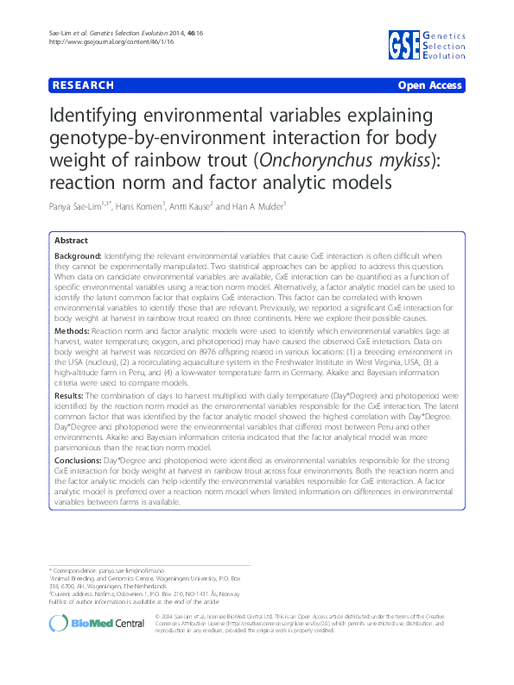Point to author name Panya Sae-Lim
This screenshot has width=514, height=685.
pos(85,208)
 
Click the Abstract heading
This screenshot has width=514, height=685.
pos(71,241)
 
